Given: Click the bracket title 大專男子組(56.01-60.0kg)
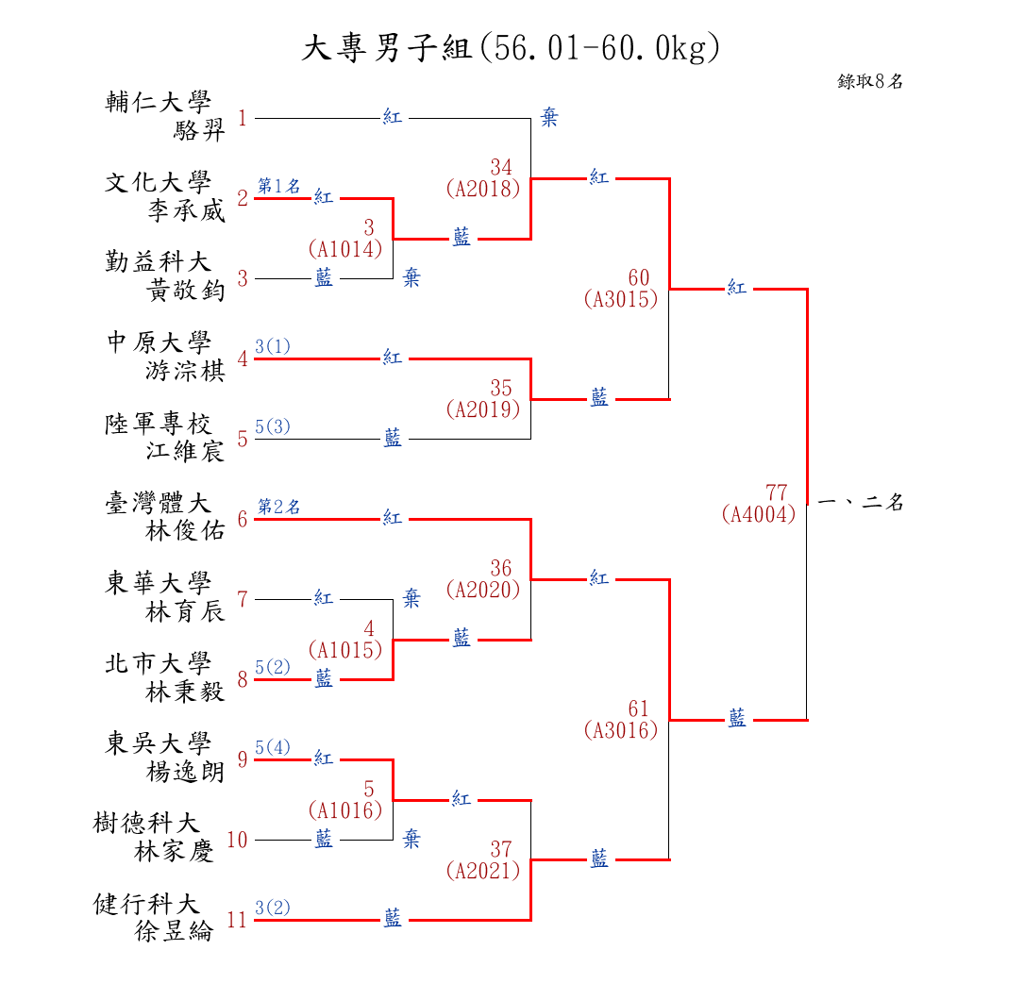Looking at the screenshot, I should click(x=511, y=47).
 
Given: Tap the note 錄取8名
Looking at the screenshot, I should click(x=870, y=82).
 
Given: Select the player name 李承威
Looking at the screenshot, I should click(x=187, y=210).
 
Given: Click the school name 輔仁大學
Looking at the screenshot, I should click(x=158, y=102).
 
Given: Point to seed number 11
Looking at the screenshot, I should click(x=236, y=920).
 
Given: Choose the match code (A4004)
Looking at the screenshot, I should click(x=758, y=515).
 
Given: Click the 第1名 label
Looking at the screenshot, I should click(x=278, y=186).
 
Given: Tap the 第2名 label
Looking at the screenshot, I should click(x=278, y=507).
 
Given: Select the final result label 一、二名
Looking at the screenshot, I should click(x=862, y=503).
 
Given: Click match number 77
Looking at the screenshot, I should click(x=776, y=492).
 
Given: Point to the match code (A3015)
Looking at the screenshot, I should click(x=620, y=300).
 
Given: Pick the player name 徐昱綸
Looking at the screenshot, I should click(x=175, y=932).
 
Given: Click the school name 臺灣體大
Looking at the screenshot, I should click(x=158, y=503).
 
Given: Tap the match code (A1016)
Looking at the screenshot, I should click(x=344, y=810).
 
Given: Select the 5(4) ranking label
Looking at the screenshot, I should click(x=273, y=747).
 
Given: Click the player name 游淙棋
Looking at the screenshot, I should click(x=187, y=371).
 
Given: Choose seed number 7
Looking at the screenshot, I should click(x=243, y=599).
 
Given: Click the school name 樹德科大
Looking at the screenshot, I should click(x=146, y=823).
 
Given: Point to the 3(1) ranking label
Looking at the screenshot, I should click(x=273, y=346).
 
